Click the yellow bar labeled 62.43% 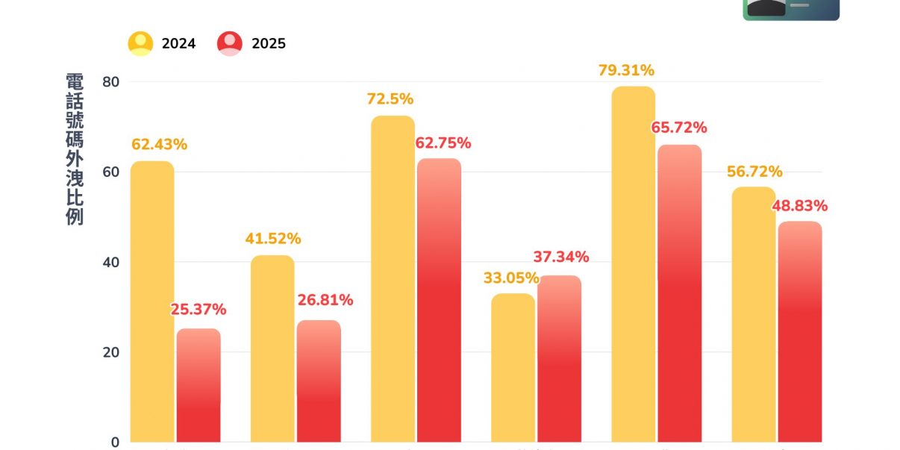[x=152, y=301]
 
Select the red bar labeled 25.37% [x=199, y=385]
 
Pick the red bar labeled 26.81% [x=319, y=381]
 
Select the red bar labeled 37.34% [x=559, y=358]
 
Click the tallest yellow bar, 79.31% [x=633, y=264]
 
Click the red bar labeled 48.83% [x=799, y=331]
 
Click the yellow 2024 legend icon [x=140, y=43]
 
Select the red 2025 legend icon [x=230, y=43]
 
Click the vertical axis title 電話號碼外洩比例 [x=75, y=149]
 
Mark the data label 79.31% [x=626, y=71]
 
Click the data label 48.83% [x=799, y=206]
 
